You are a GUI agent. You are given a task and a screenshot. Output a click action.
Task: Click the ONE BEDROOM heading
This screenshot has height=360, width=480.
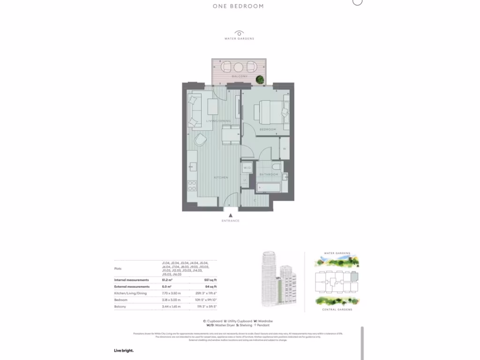pyautogui.click(x=238, y=7)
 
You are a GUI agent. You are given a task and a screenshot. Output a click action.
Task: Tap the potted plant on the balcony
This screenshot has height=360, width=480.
pyautogui.click(x=260, y=81)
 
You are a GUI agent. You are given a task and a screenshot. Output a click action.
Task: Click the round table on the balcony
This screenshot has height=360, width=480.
pyautogui.click(x=238, y=66)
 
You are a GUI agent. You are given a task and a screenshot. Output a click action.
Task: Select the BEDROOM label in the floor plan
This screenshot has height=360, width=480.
pyautogui.click(x=268, y=129)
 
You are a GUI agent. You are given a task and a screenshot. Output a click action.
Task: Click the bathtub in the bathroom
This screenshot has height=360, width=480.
pyautogui.click(x=269, y=187)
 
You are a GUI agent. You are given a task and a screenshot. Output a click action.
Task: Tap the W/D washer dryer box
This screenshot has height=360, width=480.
pyautogui.click(x=247, y=167)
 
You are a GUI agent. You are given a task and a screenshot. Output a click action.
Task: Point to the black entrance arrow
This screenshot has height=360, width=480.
pyautogui.click(x=231, y=215)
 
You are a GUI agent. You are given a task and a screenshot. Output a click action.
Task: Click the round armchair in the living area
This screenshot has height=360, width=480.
pyautogui.click(x=201, y=140)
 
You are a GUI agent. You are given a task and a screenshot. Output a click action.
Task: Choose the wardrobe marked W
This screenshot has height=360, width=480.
pyautogui.click(x=285, y=149)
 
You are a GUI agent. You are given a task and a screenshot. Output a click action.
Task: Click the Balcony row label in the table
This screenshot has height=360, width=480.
pyautogui.click(x=121, y=307)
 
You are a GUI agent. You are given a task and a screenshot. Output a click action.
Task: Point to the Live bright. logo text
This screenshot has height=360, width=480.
pyautogui.click(x=124, y=351)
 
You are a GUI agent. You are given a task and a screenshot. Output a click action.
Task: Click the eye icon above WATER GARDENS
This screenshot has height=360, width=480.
pyautogui.click(x=239, y=33)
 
